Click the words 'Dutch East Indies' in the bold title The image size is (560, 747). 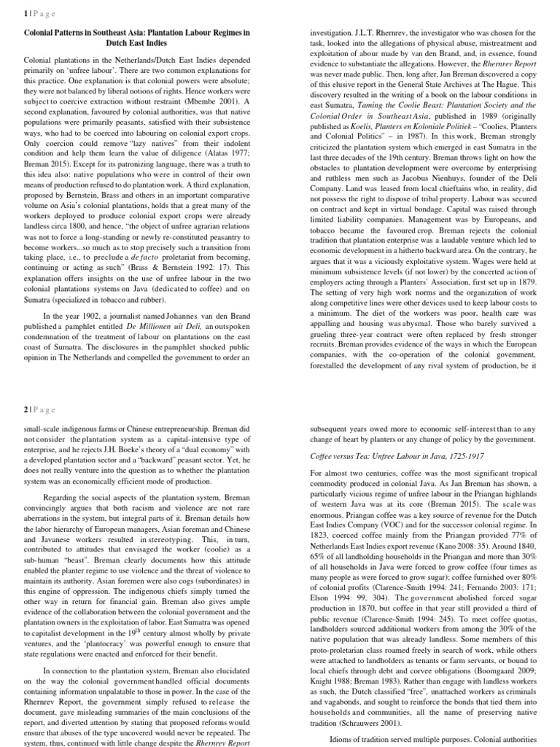coord(137,42)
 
